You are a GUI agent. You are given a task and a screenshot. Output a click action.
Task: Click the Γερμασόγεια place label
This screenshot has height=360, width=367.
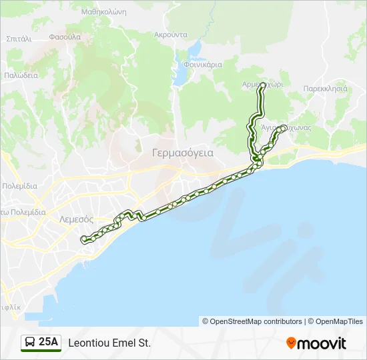pyautogui.click(x=183, y=153)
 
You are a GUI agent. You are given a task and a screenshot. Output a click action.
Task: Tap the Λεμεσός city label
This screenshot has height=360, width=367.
pyautogui.click(x=75, y=219)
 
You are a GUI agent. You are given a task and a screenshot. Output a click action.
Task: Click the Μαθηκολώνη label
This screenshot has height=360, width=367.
pyautogui.click(x=103, y=12)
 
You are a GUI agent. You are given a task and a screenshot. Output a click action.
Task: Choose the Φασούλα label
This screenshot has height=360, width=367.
pyautogui.click(x=65, y=36)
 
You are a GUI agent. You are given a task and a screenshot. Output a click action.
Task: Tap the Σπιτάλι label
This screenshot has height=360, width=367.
pyautogui.click(x=19, y=39)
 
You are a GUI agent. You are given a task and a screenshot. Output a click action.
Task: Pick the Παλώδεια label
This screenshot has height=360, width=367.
pyautogui.click(x=21, y=75)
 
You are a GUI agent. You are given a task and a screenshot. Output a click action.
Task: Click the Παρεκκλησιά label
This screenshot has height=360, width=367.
pyautogui.click(x=325, y=88)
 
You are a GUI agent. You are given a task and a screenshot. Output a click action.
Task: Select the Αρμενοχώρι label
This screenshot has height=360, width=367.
pyautogui.click(x=263, y=85)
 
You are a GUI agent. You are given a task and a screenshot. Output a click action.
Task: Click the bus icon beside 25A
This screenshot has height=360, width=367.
pyautogui.click(x=30, y=343)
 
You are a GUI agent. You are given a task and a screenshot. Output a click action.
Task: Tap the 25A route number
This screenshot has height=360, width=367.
pyautogui.click(x=49, y=343)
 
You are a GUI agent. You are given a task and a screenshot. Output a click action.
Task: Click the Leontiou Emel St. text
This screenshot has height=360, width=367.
pyautogui.click(x=109, y=343)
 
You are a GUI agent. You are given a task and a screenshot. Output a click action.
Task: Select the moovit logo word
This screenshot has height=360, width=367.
pyautogui.click(x=322, y=343)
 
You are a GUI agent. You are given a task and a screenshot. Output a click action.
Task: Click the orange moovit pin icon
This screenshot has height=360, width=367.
pyautogui.click(x=291, y=343)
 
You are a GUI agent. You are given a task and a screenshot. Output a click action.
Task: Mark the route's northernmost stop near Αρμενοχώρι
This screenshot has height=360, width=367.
pyautogui.click(x=263, y=85)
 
